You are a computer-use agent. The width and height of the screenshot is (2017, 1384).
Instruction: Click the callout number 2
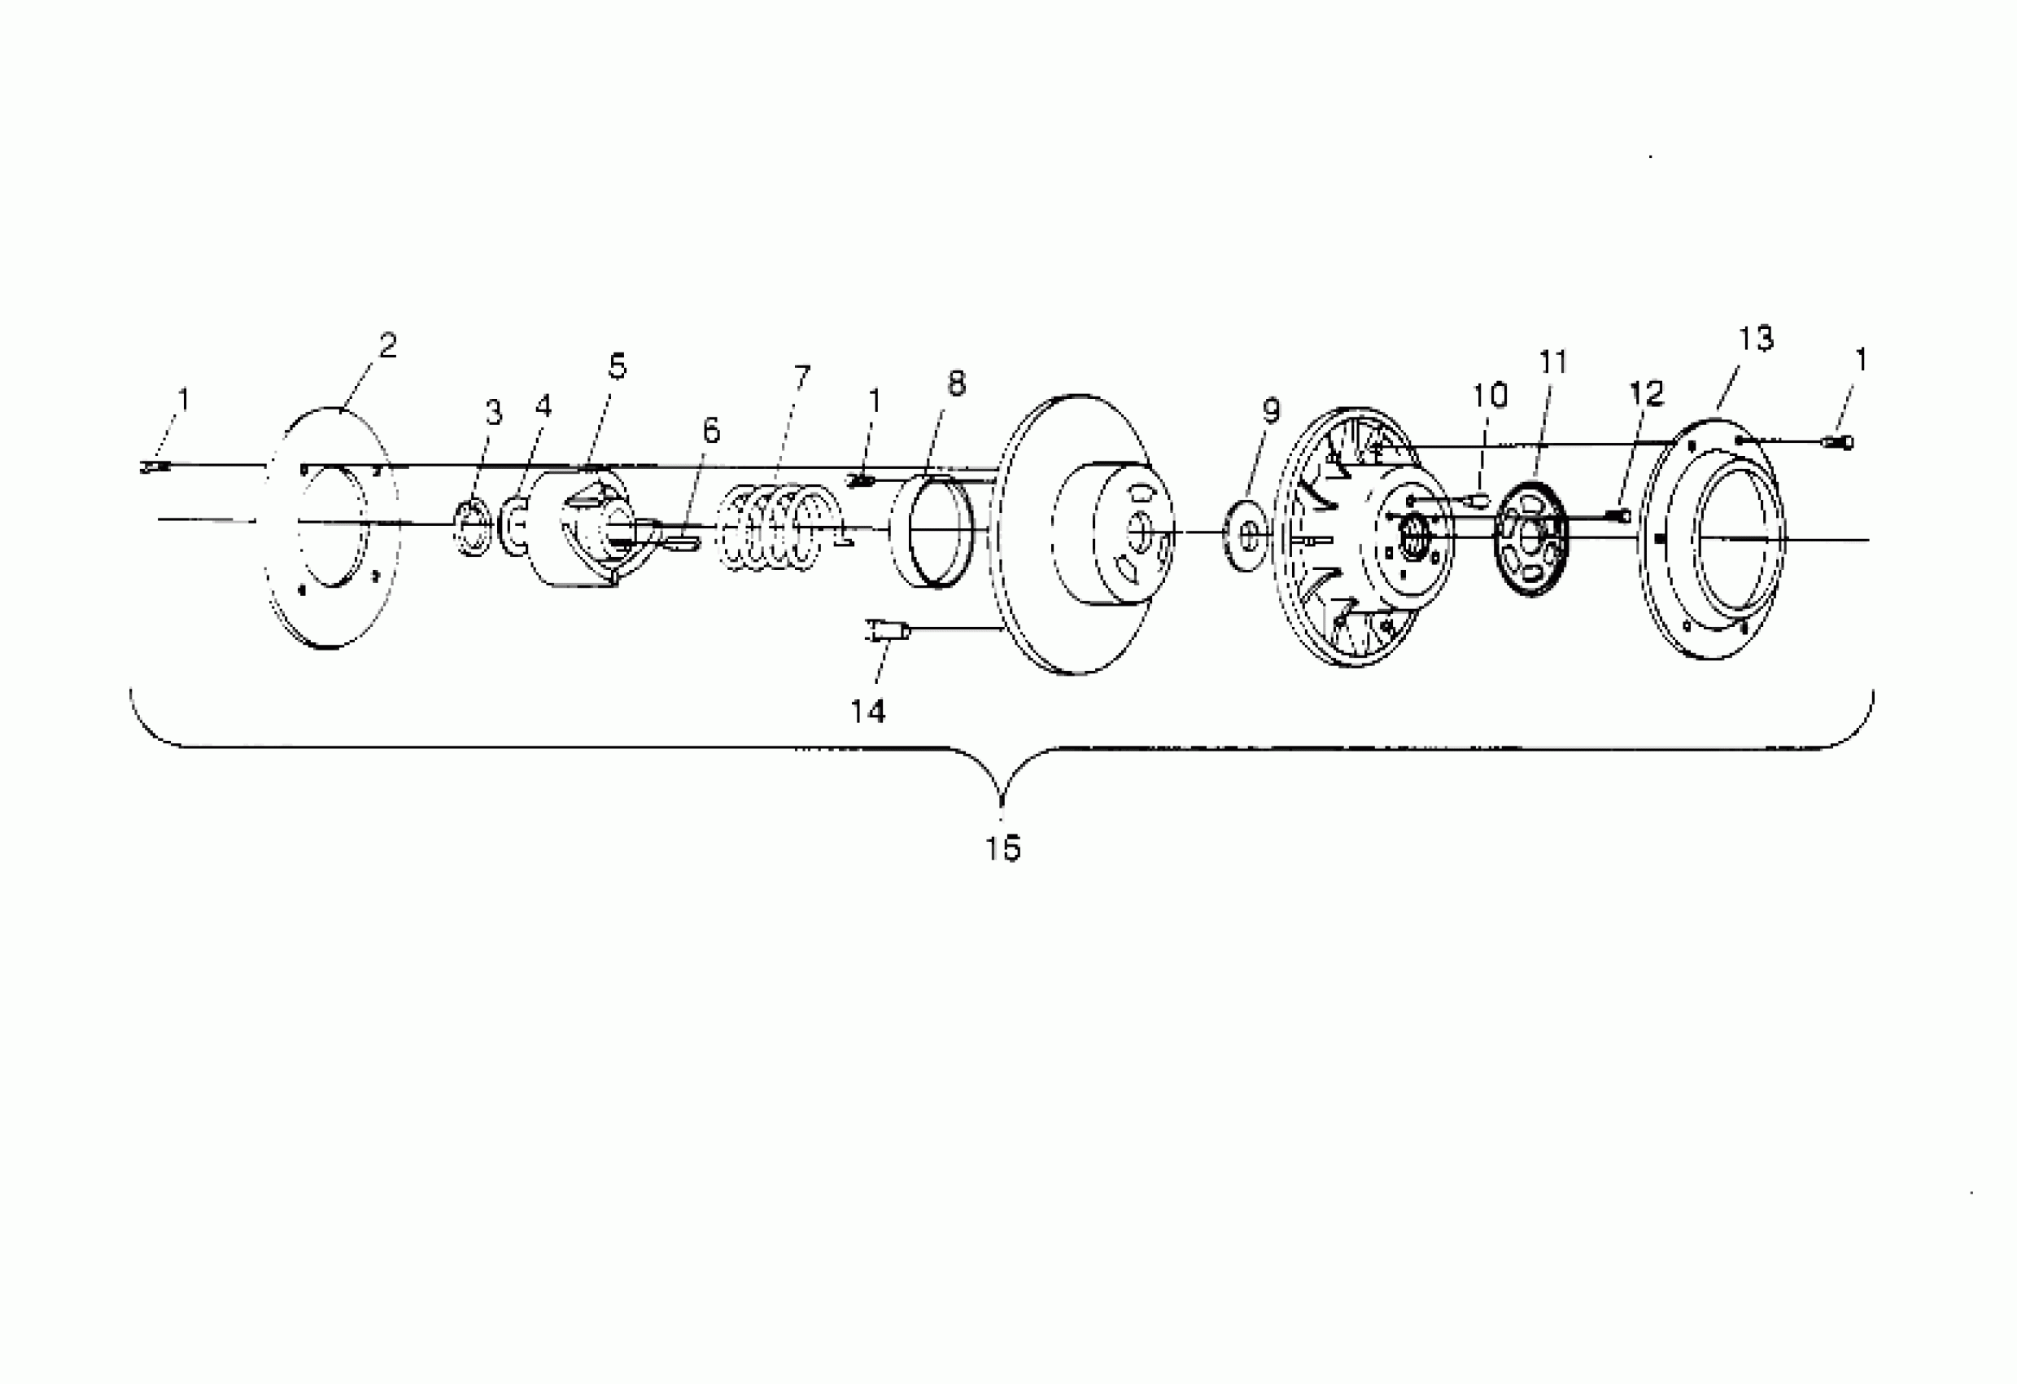(x=388, y=345)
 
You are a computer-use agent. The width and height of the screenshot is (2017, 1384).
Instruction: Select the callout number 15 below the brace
(x=1002, y=848)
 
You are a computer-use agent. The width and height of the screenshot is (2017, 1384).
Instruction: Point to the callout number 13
(x=1756, y=339)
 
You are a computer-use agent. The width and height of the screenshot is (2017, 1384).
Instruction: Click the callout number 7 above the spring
(x=802, y=377)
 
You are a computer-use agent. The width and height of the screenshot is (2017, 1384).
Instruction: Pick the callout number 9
(x=1271, y=410)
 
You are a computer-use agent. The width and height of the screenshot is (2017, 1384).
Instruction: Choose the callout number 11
(x=1552, y=362)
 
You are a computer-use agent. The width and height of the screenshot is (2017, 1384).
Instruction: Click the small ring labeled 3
(x=474, y=527)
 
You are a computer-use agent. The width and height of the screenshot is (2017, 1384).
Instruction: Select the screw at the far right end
(x=1840, y=443)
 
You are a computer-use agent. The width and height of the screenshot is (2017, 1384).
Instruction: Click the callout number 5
(x=617, y=366)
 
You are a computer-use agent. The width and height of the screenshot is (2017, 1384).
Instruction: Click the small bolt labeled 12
(x=1619, y=516)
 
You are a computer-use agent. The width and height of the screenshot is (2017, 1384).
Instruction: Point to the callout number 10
(x=1489, y=396)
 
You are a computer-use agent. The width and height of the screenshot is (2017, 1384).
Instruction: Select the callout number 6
(x=711, y=431)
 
